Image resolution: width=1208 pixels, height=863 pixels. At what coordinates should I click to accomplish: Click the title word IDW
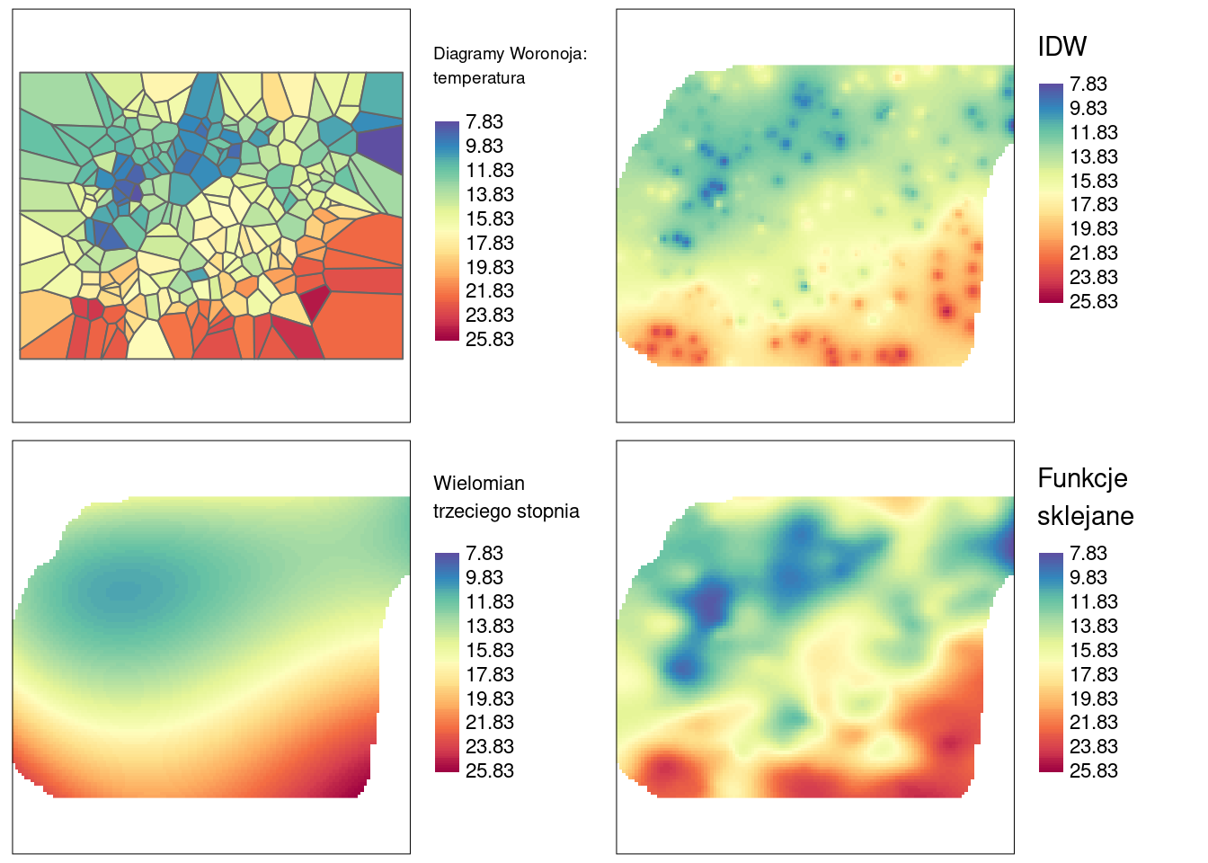tap(1061, 47)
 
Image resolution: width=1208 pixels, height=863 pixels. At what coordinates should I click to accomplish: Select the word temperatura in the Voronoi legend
tap(479, 78)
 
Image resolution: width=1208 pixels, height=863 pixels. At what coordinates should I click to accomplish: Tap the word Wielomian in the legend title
tap(479, 484)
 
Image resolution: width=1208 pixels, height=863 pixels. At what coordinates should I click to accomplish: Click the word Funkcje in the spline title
tap(1082, 478)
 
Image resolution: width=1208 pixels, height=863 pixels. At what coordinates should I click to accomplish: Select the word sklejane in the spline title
tap(1085, 516)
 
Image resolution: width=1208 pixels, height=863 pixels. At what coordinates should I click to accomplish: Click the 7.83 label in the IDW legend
tap(1088, 85)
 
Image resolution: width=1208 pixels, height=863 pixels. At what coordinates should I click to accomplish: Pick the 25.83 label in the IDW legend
tap(1093, 302)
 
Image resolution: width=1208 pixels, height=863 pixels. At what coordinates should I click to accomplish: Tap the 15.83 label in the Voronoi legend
tap(490, 219)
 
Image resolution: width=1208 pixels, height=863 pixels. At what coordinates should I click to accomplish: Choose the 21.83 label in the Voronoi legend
tap(490, 291)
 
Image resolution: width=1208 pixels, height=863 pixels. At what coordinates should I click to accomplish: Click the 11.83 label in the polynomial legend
tap(490, 602)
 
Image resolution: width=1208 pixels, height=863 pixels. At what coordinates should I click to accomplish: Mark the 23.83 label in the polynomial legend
tap(490, 747)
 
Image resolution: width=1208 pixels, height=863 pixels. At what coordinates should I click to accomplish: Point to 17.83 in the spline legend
tap(1093, 674)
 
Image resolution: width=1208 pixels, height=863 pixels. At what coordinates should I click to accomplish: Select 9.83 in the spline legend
tap(1088, 578)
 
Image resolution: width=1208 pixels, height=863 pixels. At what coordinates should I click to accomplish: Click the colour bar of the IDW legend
tap(1051, 193)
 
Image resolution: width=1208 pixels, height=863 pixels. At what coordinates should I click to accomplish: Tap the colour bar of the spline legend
tap(1051, 663)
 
